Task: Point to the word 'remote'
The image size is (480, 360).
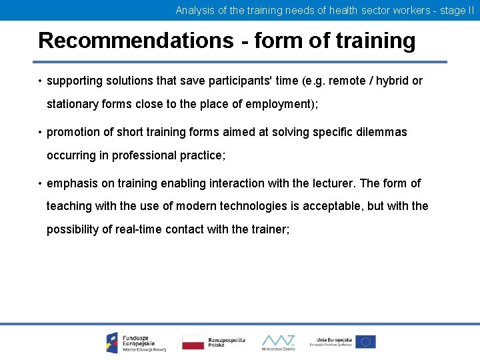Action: pyautogui.click(x=349, y=81)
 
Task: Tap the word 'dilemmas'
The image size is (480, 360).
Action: pyautogui.click(x=380, y=132)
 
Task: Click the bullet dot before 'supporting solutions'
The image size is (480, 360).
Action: pyautogui.click(x=41, y=81)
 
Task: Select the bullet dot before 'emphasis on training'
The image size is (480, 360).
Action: pyautogui.click(x=41, y=184)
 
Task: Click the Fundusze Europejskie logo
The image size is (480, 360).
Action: pyautogui.click(x=136, y=342)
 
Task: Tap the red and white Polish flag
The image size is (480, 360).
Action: pyautogui.click(x=193, y=342)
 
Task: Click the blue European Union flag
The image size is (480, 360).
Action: pyautogui.click(x=365, y=342)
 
